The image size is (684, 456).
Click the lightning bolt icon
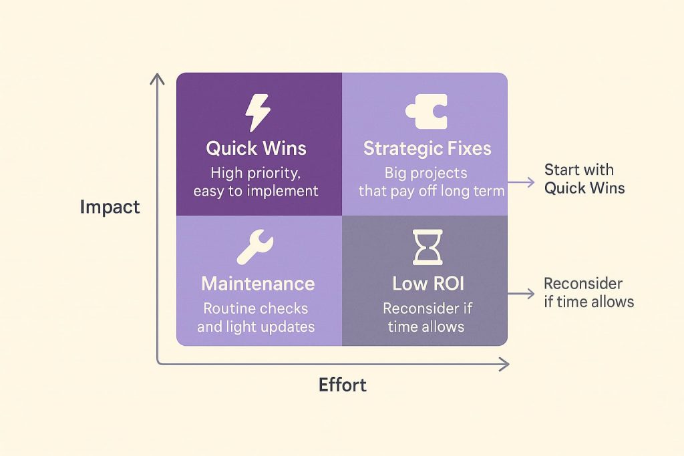coord(257,113)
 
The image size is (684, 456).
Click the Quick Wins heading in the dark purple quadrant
coord(256,148)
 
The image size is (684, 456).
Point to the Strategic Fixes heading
coord(427,148)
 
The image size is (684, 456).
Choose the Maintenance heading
coord(258,284)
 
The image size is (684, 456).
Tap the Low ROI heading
coord(427,284)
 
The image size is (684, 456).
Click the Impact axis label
coord(110,207)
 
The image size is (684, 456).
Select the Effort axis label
coord(342,385)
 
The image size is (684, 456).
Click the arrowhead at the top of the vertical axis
coord(158,78)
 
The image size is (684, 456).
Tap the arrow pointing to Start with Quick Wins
coord(521,181)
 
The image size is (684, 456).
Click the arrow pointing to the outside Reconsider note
coord(521,293)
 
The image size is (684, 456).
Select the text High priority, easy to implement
coord(256,182)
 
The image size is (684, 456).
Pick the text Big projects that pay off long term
coord(428,182)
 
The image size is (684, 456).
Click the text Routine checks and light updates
coord(256,318)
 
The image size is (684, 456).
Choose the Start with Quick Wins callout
coord(584,179)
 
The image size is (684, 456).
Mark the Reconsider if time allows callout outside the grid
coord(588,292)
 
